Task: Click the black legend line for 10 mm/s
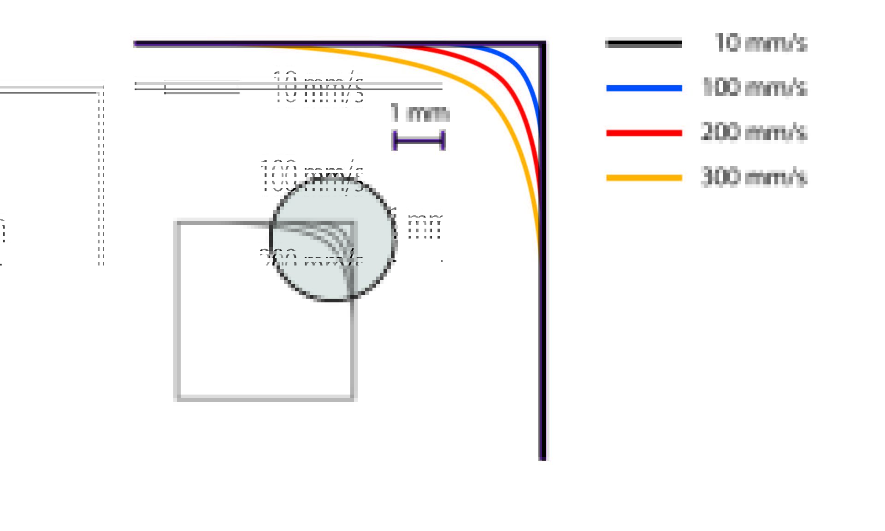(643, 44)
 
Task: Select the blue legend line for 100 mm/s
(644, 88)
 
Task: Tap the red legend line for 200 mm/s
(644, 133)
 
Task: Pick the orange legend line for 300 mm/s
(644, 177)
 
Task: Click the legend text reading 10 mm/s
(761, 43)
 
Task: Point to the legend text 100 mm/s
(754, 87)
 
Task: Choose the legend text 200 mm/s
(753, 132)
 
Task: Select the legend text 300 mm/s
(753, 177)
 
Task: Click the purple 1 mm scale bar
(419, 141)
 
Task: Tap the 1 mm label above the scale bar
(419, 113)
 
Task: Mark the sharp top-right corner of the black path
(543, 44)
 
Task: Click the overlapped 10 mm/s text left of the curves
(318, 88)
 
